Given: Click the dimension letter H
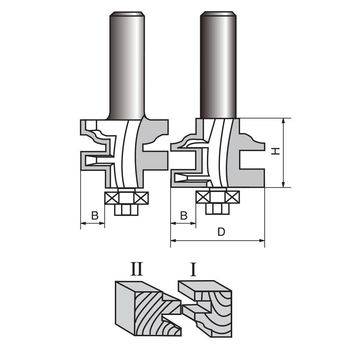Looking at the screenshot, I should (x=275, y=152).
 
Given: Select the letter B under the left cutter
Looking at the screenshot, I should (x=95, y=216).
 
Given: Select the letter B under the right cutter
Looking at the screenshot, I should (x=184, y=215).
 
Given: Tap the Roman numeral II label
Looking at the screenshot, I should (x=137, y=269).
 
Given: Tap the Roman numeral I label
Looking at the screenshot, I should (x=194, y=269).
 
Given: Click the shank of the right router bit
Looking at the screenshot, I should (x=218, y=65).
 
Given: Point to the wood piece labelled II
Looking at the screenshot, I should (x=144, y=310).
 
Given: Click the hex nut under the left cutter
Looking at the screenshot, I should (x=126, y=210).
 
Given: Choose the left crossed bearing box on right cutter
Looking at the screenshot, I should (x=202, y=197).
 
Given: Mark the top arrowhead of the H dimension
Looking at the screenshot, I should (x=284, y=121).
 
